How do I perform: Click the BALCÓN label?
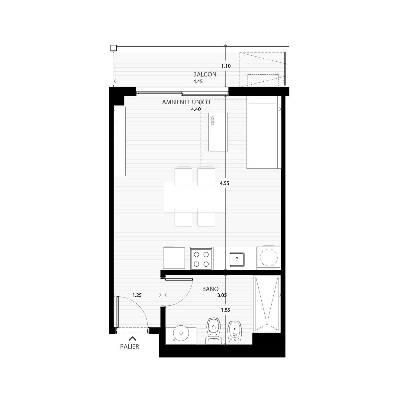click(205, 74)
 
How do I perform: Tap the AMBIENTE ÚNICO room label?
click(186, 102)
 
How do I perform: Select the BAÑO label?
click(210, 289)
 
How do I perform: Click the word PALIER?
click(130, 347)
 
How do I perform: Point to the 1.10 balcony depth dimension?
click(226, 66)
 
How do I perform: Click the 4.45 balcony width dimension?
click(198, 81)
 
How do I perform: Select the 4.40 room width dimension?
click(196, 109)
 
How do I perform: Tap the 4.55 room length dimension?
click(224, 184)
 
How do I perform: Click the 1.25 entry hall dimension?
click(137, 295)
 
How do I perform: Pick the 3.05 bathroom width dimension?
click(222, 295)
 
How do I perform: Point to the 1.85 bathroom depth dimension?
click(225, 310)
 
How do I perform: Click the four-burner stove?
click(201, 259)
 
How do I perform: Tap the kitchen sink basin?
click(237, 260)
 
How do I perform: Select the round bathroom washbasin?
click(181, 339)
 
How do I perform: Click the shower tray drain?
click(267, 324)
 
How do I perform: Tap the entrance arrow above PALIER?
click(132, 339)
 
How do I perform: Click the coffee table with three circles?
click(218, 132)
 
